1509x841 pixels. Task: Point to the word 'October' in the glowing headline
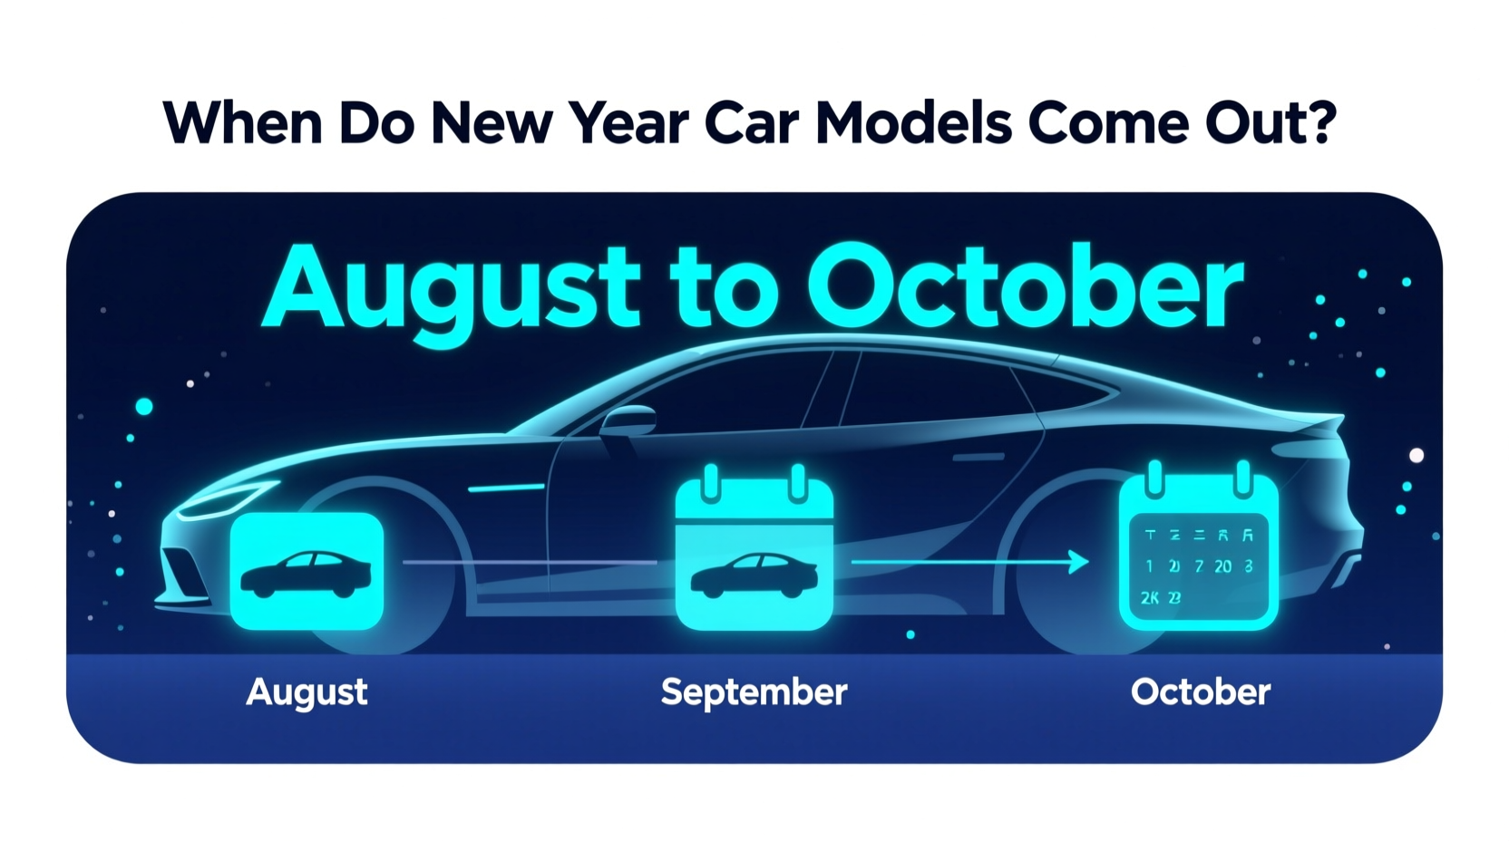click(1026, 288)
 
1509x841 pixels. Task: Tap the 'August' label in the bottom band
click(307, 692)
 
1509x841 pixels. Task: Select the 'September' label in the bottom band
click(754, 692)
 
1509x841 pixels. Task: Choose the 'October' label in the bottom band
click(1200, 692)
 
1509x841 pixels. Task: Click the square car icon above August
click(307, 571)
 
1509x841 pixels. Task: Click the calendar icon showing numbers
click(1198, 553)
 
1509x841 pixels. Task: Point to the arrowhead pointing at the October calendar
click(1078, 562)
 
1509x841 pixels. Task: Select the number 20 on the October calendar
click(1222, 566)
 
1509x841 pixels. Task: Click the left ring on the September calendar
click(711, 482)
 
